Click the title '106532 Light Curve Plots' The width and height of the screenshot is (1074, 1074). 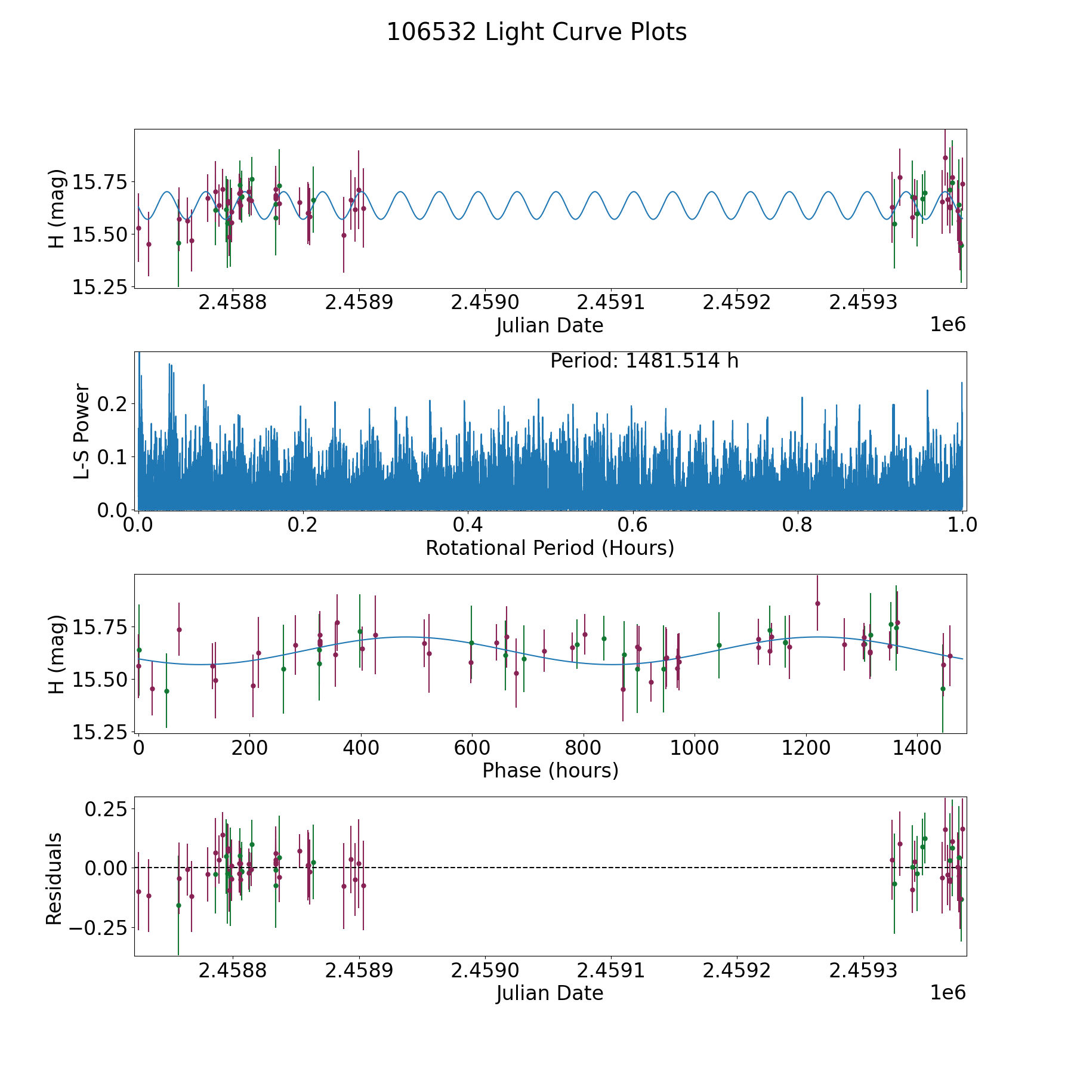tap(536, 32)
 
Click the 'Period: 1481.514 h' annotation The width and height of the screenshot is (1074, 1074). tap(644, 361)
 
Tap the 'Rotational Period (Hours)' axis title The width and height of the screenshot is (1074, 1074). tap(550, 548)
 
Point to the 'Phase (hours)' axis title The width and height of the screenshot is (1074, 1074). tap(550, 770)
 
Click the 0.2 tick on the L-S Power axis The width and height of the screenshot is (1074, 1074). tap(113, 404)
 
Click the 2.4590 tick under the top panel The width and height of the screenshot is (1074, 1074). tap(485, 303)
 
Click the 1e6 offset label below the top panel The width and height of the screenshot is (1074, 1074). tap(948, 325)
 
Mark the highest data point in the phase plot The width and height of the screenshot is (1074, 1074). tap(817, 603)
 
